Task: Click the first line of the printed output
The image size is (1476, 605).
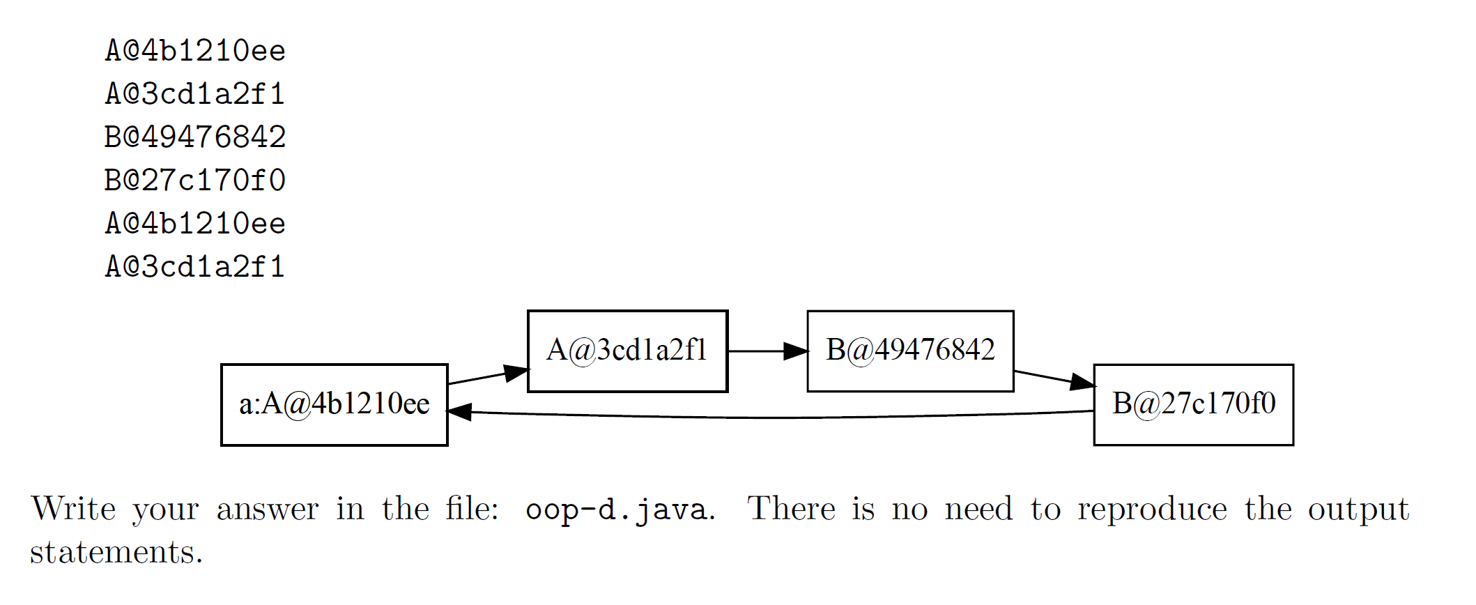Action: coord(195,51)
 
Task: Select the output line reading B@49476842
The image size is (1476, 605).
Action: coord(195,137)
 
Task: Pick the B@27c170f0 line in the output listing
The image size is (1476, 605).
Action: coord(195,181)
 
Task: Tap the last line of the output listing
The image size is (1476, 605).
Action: coord(195,267)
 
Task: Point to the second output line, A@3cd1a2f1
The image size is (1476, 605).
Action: coord(195,94)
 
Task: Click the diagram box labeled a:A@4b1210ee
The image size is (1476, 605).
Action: coord(334,404)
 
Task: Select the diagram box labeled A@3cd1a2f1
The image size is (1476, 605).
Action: coord(627,351)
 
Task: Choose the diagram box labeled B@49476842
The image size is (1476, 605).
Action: coord(909,351)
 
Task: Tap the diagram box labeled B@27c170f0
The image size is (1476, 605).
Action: coord(1193,404)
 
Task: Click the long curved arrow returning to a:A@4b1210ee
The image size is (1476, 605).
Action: coord(767,418)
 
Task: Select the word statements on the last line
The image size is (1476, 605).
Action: coord(116,552)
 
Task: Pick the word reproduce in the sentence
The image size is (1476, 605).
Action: coord(1152,510)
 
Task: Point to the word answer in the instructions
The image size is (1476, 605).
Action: coord(268,510)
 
